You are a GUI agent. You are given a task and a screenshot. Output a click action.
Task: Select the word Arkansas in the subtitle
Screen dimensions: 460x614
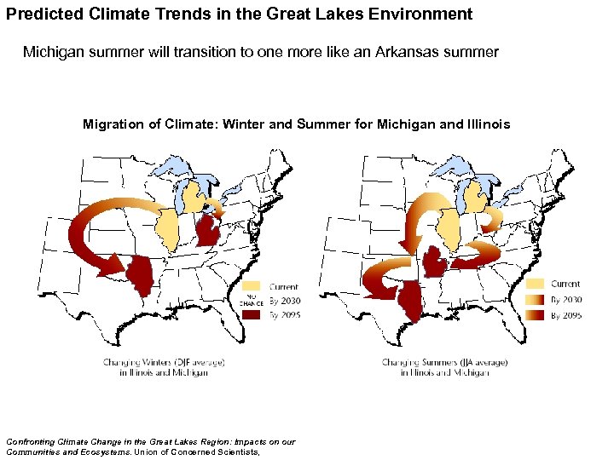coord(426,52)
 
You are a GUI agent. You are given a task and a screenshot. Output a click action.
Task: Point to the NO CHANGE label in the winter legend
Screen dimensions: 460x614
coord(251,301)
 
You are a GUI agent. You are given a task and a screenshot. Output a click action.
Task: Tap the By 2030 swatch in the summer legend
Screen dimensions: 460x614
coord(535,299)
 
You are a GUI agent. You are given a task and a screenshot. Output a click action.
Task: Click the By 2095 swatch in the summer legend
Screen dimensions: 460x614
coord(535,314)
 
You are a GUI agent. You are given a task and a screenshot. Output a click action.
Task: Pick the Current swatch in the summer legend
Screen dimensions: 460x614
coord(535,283)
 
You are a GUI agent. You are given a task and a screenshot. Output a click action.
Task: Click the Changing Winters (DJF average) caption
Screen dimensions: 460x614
coord(164,362)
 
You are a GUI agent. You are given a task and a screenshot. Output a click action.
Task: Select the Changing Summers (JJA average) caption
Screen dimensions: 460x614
coord(444,362)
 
